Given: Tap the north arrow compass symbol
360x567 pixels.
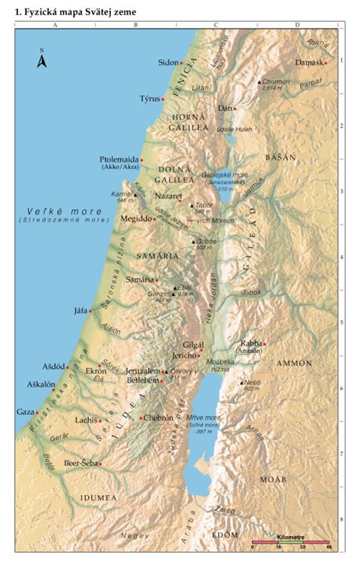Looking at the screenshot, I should coord(43,59).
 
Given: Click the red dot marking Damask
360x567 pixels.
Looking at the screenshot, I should coord(326,63).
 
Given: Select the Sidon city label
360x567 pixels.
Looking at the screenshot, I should coord(167,62).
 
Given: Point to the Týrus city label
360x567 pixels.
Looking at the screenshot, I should coord(150,99).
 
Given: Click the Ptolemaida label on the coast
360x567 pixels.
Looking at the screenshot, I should coord(118,159).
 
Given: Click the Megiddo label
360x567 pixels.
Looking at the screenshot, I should coord(135,219).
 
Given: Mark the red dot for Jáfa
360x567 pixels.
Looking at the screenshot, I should coord(90,310).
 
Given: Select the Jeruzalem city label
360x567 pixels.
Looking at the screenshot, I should coord(144,370).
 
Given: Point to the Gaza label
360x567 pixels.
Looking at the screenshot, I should coord(25,411).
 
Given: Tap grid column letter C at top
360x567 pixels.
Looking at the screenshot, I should coord(216,25).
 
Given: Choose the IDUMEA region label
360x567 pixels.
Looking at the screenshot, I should coord(98,497).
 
